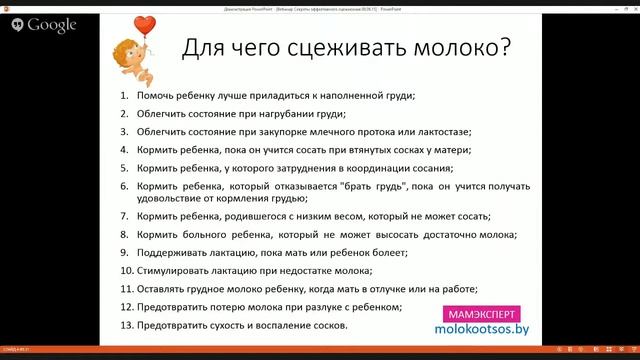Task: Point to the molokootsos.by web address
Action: coord(484,328)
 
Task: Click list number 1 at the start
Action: coord(125,96)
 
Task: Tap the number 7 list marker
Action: coord(125,216)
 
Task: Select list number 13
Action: coord(126,325)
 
